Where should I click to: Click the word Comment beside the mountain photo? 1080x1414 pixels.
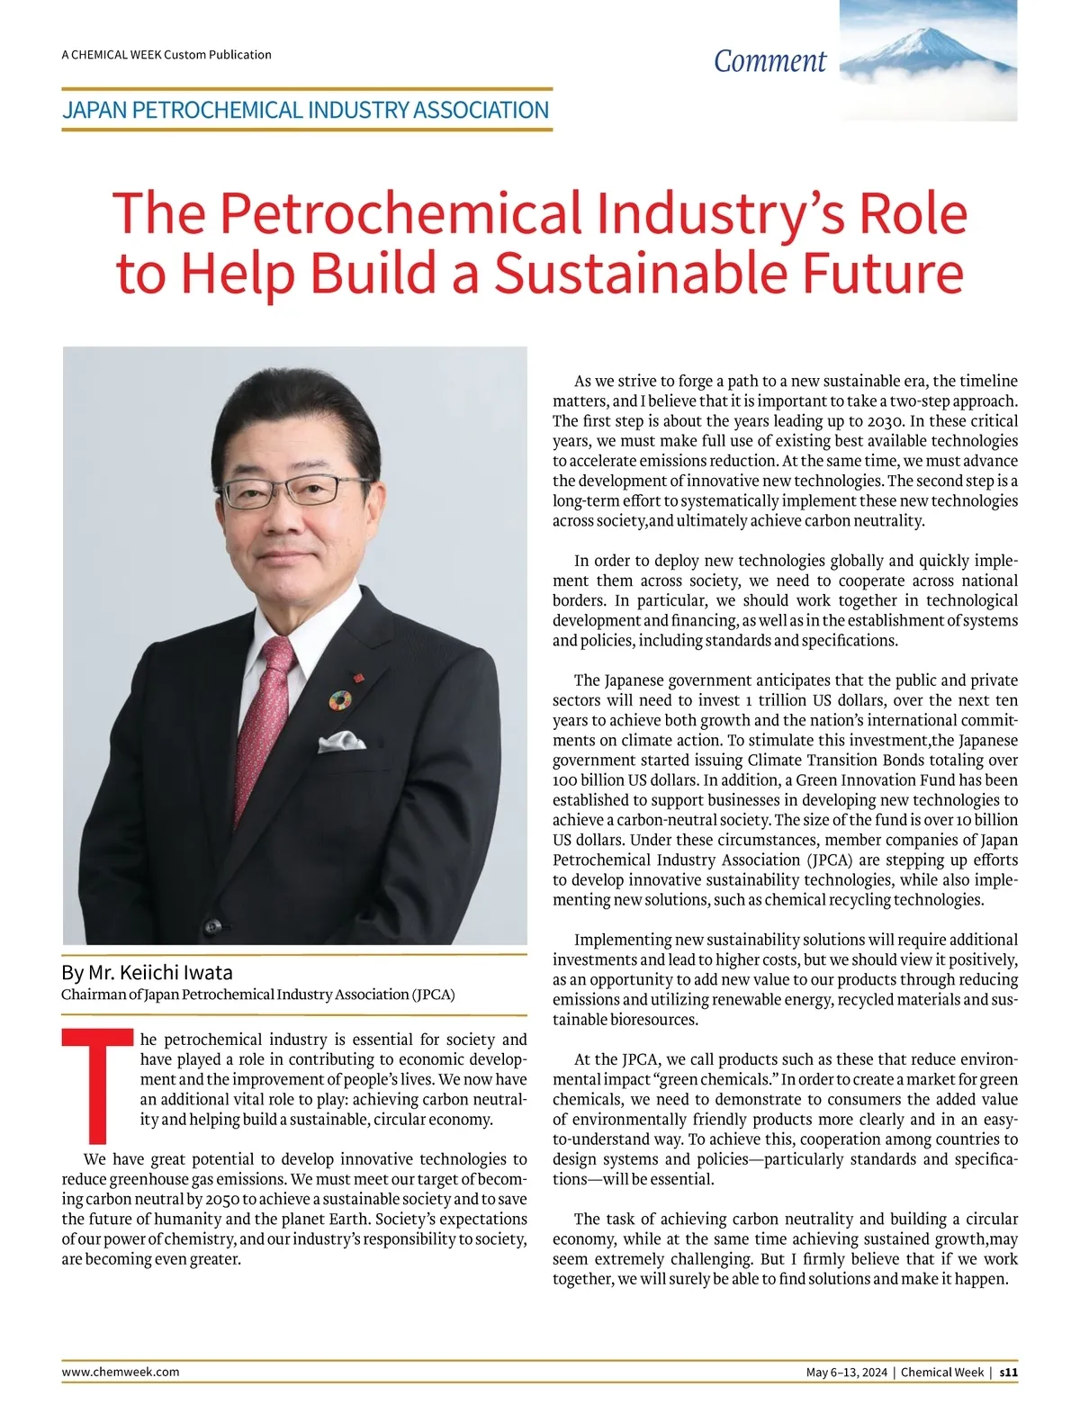tap(769, 61)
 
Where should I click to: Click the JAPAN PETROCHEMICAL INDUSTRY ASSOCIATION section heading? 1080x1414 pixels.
tap(305, 111)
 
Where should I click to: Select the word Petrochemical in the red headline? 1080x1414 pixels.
tap(400, 213)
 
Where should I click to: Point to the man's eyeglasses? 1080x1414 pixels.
tap(294, 491)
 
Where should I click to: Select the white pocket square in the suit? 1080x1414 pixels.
tap(343, 742)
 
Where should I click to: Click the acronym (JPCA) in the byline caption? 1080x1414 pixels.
tap(434, 995)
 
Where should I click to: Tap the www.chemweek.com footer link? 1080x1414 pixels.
tap(120, 1372)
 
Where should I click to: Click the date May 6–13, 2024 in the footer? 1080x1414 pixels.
tap(847, 1373)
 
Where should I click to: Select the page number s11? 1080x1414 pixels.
tap(1009, 1373)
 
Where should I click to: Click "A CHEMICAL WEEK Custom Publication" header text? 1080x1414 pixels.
tap(166, 55)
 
